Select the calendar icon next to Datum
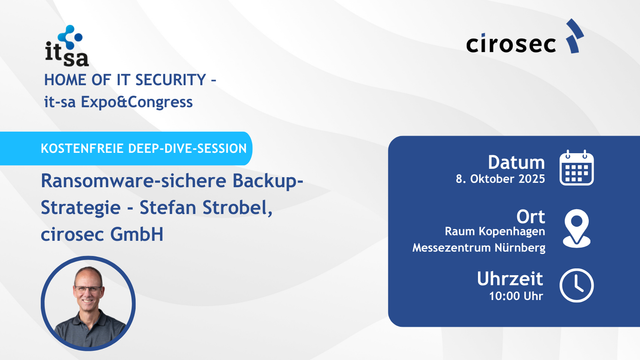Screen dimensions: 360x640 577,169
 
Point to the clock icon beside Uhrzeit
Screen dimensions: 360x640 577,285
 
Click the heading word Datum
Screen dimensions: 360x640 516,162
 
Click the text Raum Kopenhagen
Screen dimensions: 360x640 494,231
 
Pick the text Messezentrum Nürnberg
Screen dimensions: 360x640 479,248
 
